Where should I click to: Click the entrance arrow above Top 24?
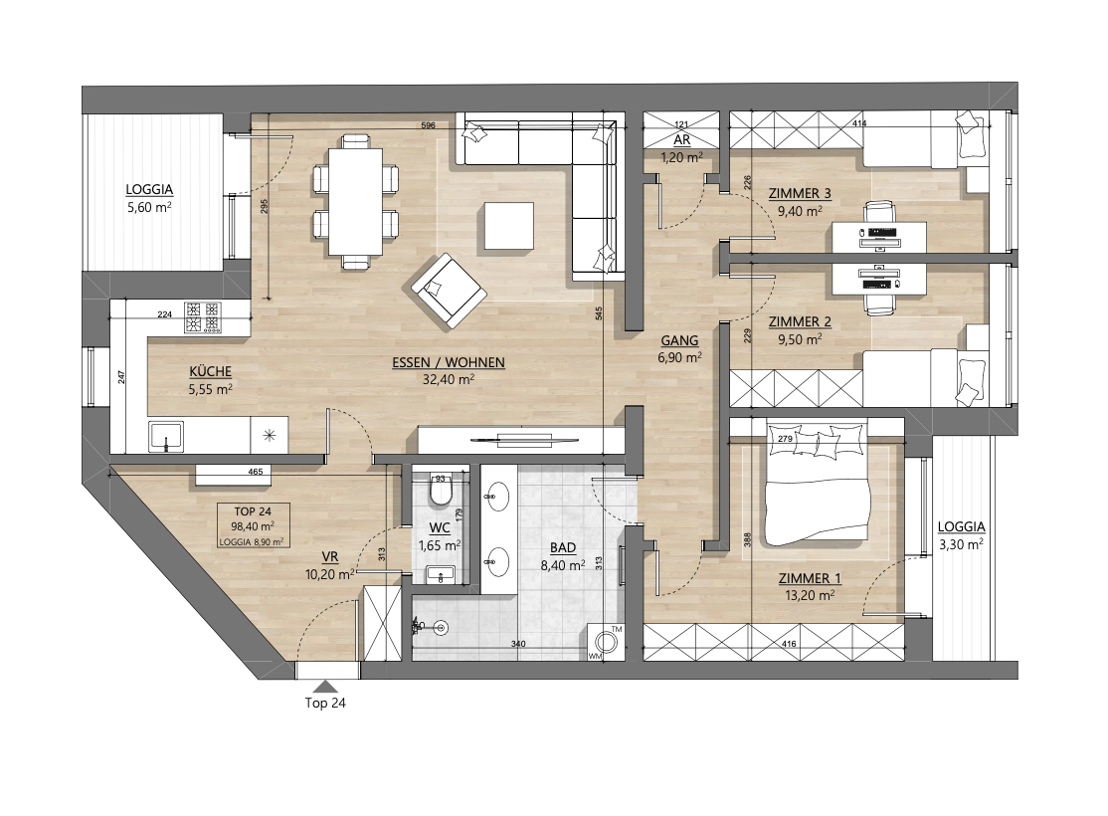pyautogui.click(x=324, y=686)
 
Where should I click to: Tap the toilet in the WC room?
pyautogui.click(x=441, y=492)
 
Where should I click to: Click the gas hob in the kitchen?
pyautogui.click(x=202, y=317)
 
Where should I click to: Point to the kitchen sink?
pyautogui.click(x=167, y=436)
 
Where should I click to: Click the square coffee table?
pyautogui.click(x=509, y=226)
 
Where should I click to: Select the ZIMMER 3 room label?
pyautogui.click(x=800, y=194)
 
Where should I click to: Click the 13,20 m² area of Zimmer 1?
pyautogui.click(x=810, y=595)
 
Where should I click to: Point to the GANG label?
pyautogui.click(x=679, y=340)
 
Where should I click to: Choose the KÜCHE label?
pyautogui.click(x=211, y=372)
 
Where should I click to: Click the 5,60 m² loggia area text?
pyautogui.click(x=149, y=207)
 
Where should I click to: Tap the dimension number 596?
pyautogui.click(x=429, y=125)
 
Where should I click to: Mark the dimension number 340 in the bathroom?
pyautogui.click(x=518, y=644)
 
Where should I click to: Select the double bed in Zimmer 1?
pyautogui.click(x=817, y=485)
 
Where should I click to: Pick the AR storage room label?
pyautogui.click(x=682, y=140)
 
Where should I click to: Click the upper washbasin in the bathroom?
pyautogui.click(x=497, y=497)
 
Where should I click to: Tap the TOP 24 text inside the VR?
pyautogui.click(x=253, y=511)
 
